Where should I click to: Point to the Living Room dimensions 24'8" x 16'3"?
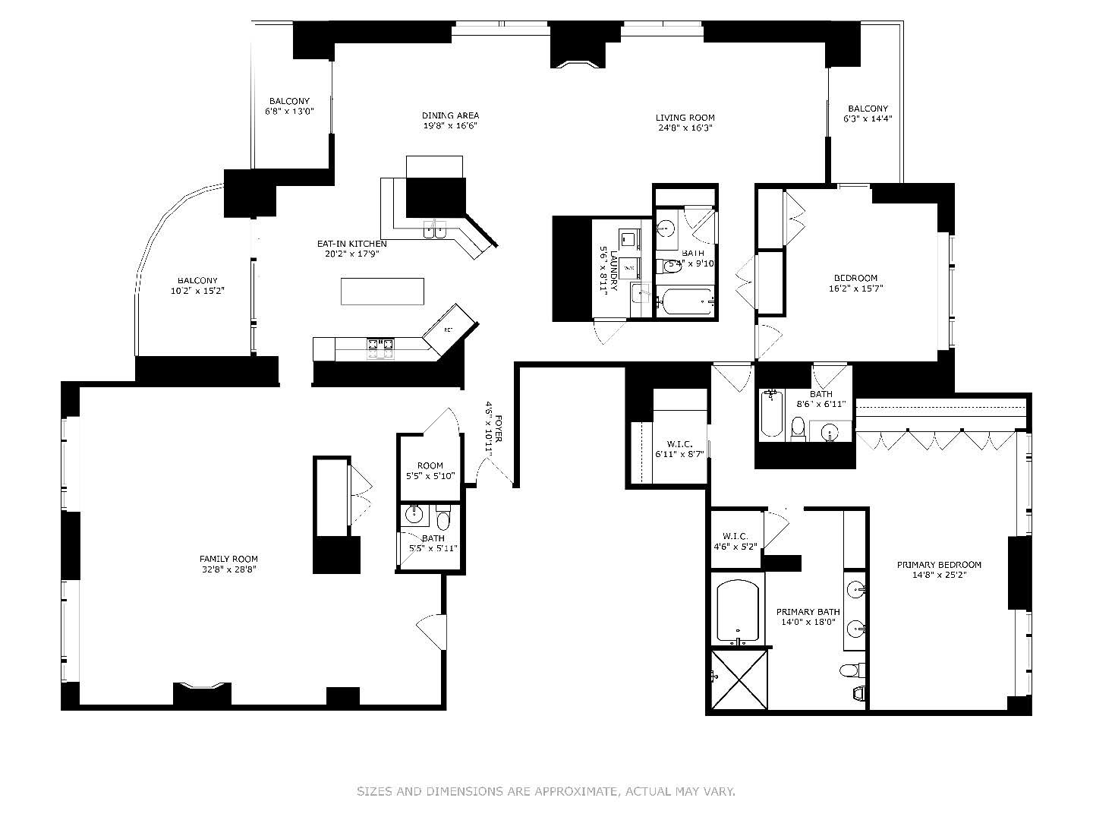[685, 128]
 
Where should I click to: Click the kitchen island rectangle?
[383, 291]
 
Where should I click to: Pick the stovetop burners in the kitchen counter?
[381, 348]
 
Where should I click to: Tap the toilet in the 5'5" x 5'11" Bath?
[444, 519]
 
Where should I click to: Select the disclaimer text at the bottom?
[546, 792]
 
